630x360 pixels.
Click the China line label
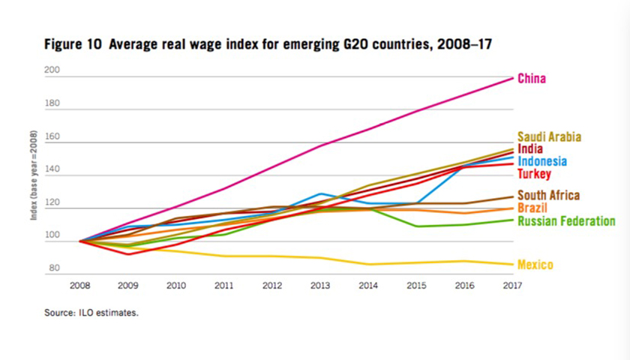[532, 78]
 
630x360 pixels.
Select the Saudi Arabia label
[550, 136]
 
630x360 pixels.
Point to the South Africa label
[549, 195]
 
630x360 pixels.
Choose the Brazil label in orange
[532, 207]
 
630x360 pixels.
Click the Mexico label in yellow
[535, 265]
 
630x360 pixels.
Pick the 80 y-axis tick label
[55, 268]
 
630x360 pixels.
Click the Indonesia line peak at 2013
[320, 193]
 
